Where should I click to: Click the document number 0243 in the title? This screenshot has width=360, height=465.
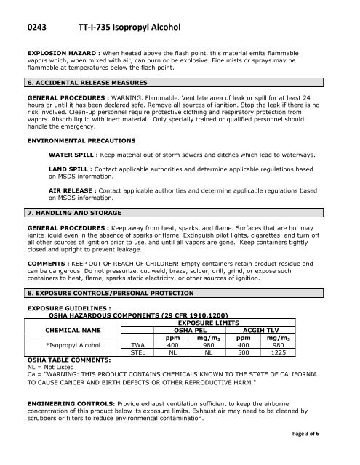39,23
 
